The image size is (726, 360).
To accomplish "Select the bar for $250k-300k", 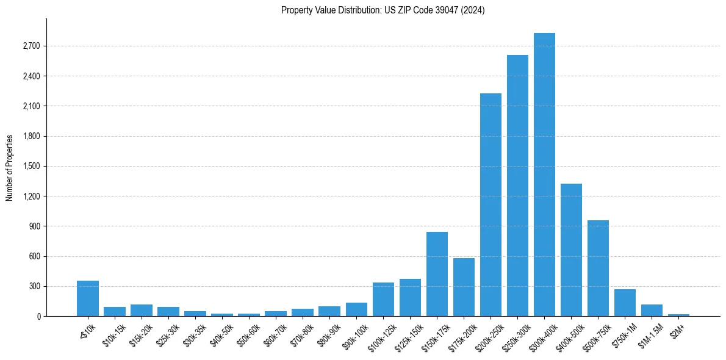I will tap(517, 185).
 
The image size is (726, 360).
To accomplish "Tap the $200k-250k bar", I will tap(491, 205).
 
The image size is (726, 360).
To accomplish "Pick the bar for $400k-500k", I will tap(571, 250).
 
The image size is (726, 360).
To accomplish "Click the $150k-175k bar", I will tap(437, 274).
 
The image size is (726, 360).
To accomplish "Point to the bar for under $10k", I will tap(88, 298).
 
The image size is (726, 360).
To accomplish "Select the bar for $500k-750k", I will tap(598, 268).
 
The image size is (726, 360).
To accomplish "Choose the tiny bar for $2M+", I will tap(678, 315).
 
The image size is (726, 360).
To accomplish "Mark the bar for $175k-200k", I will tap(464, 287).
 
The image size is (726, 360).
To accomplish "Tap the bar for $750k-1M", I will tap(625, 303).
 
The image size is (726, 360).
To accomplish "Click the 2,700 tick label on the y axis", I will tap(31, 46).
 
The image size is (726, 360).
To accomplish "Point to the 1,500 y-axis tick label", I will tap(31, 167).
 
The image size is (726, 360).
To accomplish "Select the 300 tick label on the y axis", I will tap(34, 287).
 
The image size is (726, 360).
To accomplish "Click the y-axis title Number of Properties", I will tap(10, 168).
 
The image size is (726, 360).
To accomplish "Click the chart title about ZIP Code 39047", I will tap(383, 10).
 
